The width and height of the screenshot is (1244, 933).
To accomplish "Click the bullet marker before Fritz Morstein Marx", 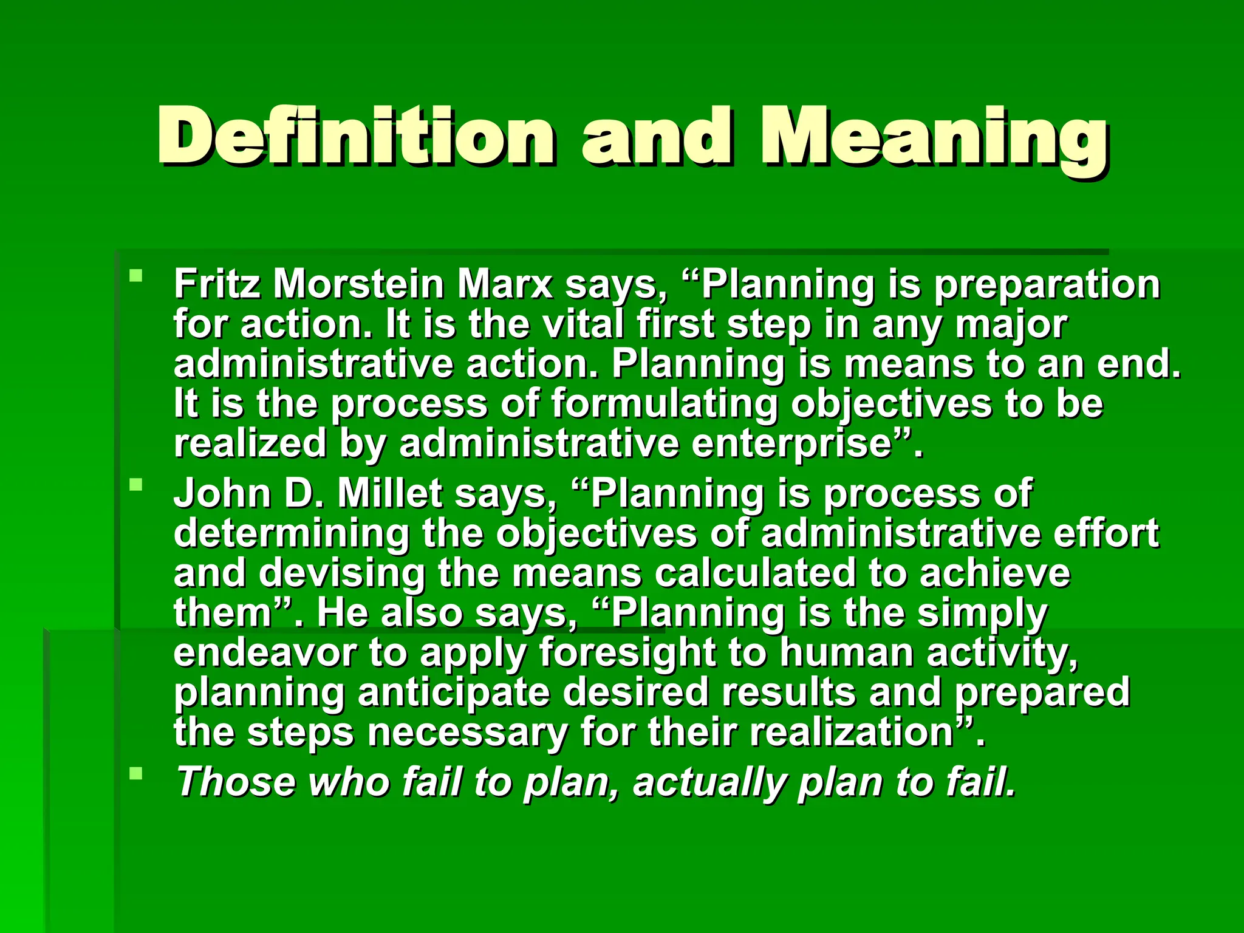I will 136,276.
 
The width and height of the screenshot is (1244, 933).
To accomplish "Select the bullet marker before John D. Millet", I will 136,485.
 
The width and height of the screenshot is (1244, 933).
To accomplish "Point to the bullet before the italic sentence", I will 136,773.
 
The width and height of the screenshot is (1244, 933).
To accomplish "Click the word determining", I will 292,533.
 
